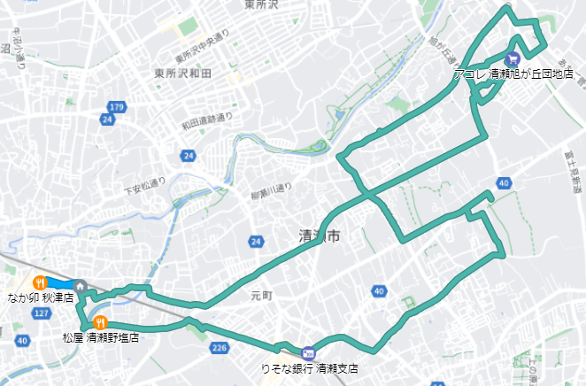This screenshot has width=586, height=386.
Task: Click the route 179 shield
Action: [x=118, y=107]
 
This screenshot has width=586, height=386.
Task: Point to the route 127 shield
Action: [x=42, y=313]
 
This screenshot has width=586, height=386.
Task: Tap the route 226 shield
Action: [x=220, y=348]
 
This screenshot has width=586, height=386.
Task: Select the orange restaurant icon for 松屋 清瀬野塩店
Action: [x=101, y=322]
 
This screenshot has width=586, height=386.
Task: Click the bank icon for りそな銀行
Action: [x=307, y=351]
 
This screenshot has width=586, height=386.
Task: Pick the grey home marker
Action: [x=81, y=287]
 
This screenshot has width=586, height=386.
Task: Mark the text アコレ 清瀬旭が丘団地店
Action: [x=513, y=75]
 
